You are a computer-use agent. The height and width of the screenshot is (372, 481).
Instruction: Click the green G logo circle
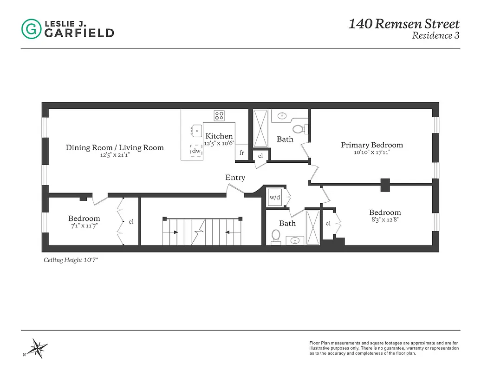tap(31, 29)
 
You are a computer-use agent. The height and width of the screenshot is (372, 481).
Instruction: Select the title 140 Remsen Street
tap(403, 24)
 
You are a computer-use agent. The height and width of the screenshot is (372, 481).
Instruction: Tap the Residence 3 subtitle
tap(435, 35)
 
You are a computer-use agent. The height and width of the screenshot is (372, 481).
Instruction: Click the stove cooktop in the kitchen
tap(219, 115)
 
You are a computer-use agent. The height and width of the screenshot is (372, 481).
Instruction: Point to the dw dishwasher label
tap(197, 151)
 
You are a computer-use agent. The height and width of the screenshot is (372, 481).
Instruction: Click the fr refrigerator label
tap(242, 153)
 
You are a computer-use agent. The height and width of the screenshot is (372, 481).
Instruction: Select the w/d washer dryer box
tap(275, 197)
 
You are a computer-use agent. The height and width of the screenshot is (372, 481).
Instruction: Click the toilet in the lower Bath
tap(276, 236)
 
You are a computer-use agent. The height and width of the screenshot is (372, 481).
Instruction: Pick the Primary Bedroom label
tap(371, 145)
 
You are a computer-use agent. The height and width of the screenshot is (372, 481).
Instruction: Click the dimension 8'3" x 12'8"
tap(384, 220)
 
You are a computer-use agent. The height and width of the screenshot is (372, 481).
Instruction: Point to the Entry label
tap(235, 178)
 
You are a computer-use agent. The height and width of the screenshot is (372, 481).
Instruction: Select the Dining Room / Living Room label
tap(115, 148)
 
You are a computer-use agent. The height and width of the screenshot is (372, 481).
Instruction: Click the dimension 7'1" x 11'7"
tap(84, 226)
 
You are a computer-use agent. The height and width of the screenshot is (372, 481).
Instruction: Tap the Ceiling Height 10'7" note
tap(71, 260)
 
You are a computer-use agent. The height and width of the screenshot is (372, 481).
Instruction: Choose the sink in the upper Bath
tap(281, 116)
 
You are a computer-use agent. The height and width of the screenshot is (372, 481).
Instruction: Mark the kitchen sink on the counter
tap(197, 131)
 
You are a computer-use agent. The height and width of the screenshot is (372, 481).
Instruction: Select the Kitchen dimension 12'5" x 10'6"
tap(219, 144)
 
